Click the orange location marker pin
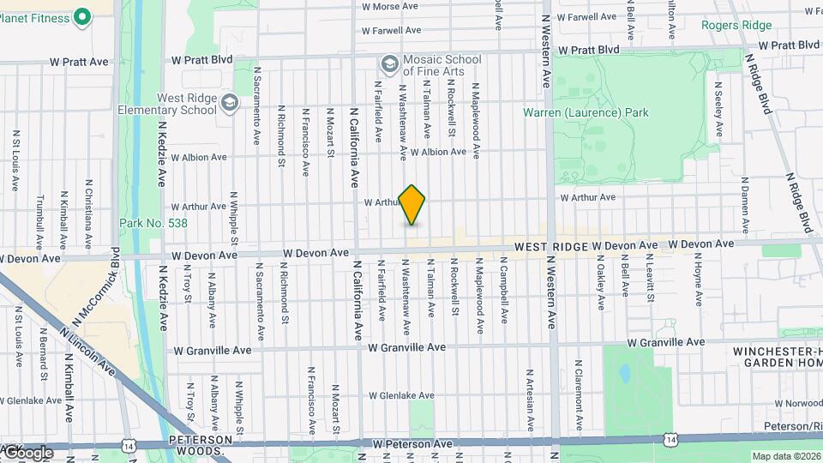(x=412, y=205)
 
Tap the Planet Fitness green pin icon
(x=82, y=16)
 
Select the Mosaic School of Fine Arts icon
(x=389, y=64)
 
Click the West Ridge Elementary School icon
(x=229, y=104)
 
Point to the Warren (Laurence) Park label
(x=586, y=112)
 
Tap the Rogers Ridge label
(x=736, y=26)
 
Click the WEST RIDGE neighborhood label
(x=550, y=246)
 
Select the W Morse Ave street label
(x=390, y=6)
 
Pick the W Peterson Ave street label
(x=412, y=444)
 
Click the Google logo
(x=27, y=452)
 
